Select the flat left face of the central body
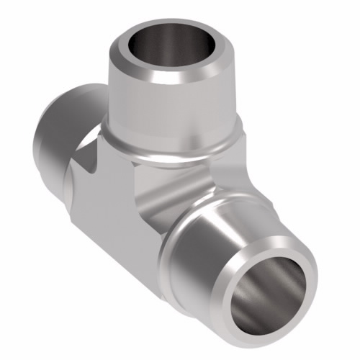pyautogui.click(x=108, y=209)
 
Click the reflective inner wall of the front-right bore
pyautogui.click(x=284, y=302)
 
